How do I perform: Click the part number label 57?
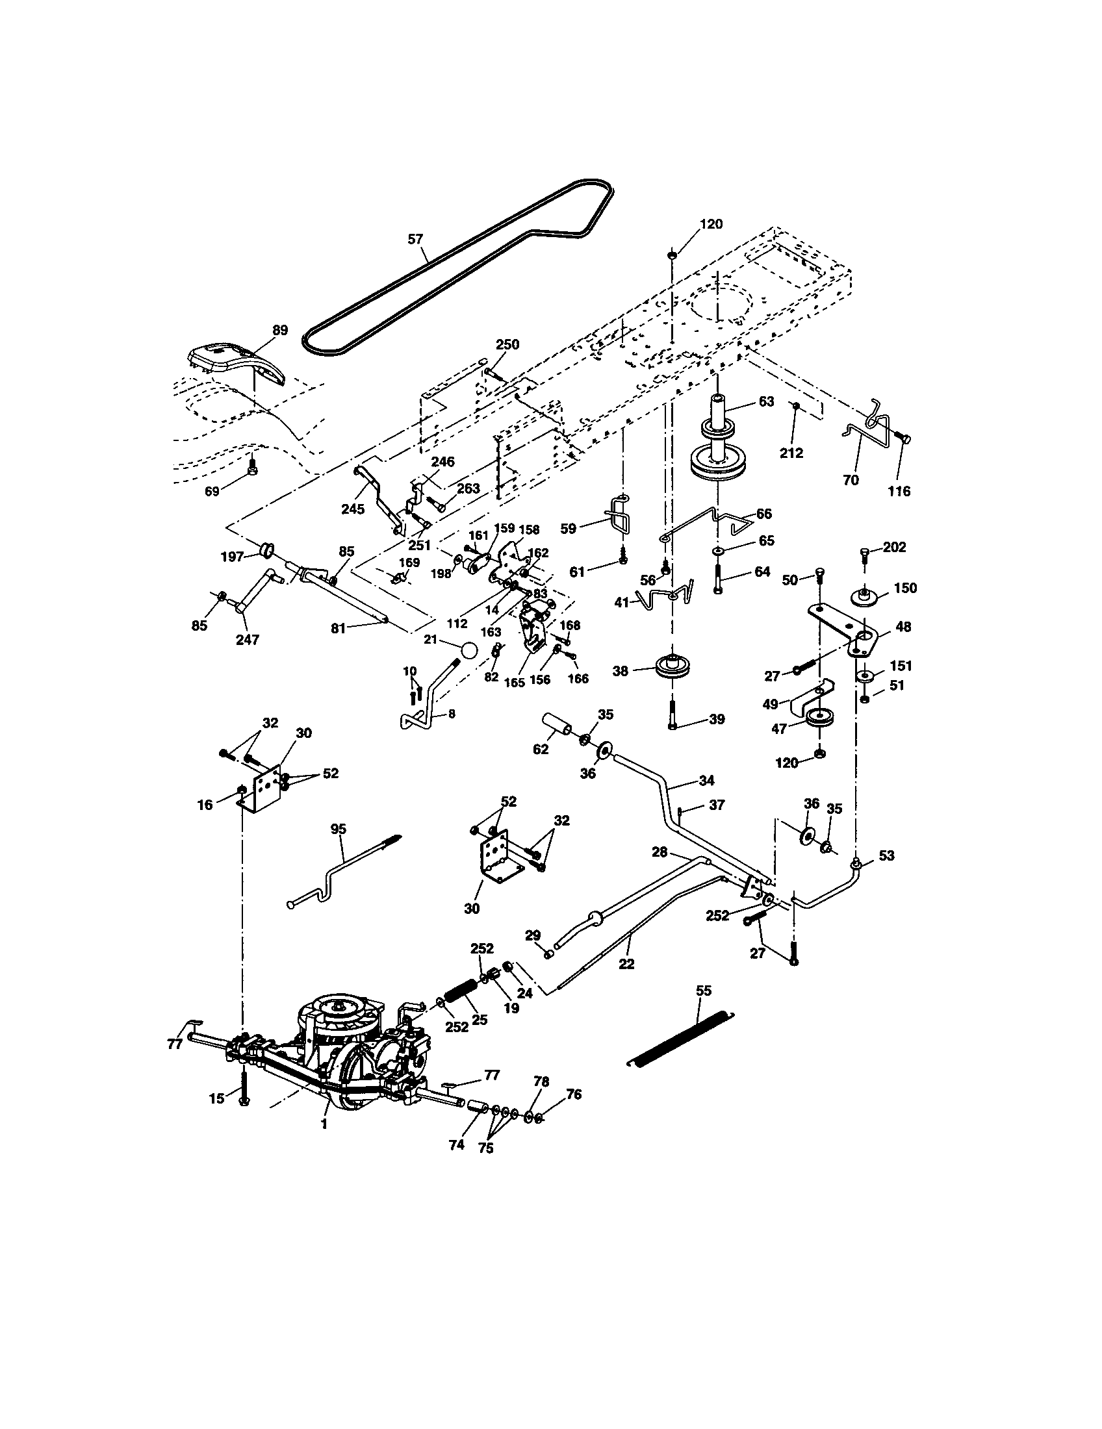[416, 239]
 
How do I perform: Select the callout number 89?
[279, 331]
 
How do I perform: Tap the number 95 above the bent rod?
[339, 829]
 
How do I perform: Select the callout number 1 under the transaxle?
[325, 1124]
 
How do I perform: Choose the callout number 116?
[899, 490]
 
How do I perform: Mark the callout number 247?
[248, 639]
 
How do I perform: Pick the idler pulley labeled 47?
[818, 718]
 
